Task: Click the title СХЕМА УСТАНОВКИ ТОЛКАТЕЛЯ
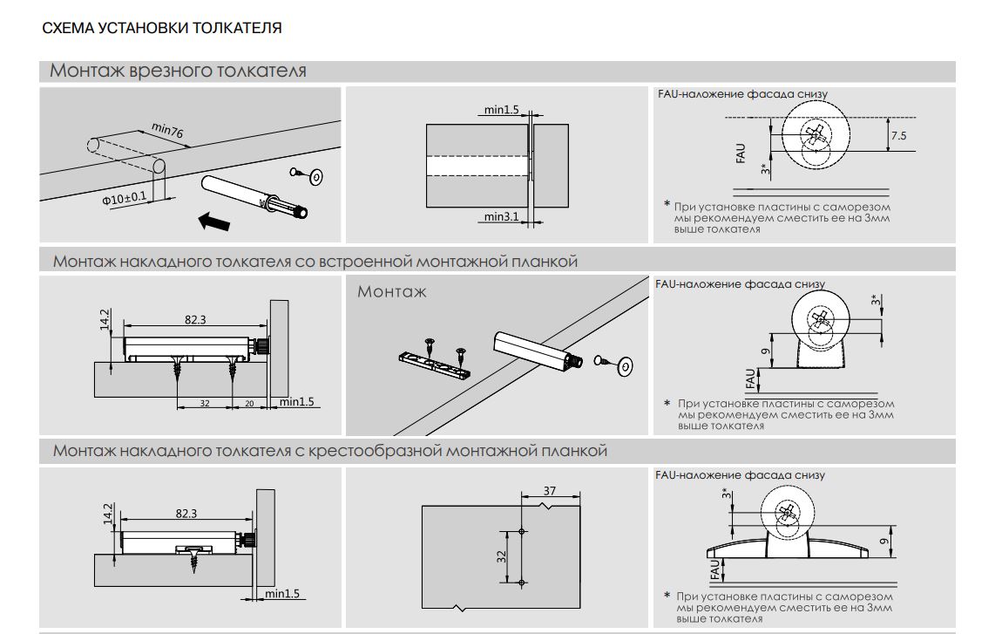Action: click(x=162, y=28)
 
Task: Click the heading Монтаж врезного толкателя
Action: click(x=178, y=71)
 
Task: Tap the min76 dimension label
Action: click(x=167, y=132)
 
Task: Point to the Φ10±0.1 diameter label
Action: click(x=125, y=199)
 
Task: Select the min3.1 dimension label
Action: click(x=501, y=216)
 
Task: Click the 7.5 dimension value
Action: click(x=898, y=136)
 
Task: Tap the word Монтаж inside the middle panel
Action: click(x=392, y=291)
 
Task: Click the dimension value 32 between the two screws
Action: click(x=205, y=403)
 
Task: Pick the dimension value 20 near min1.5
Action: click(x=249, y=403)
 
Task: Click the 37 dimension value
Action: click(x=549, y=491)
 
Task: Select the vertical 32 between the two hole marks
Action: click(x=502, y=556)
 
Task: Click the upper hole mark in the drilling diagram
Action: click(x=520, y=531)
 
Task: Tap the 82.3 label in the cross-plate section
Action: click(x=186, y=514)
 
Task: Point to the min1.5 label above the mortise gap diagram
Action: click(x=502, y=110)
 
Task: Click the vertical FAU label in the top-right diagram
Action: click(x=741, y=154)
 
